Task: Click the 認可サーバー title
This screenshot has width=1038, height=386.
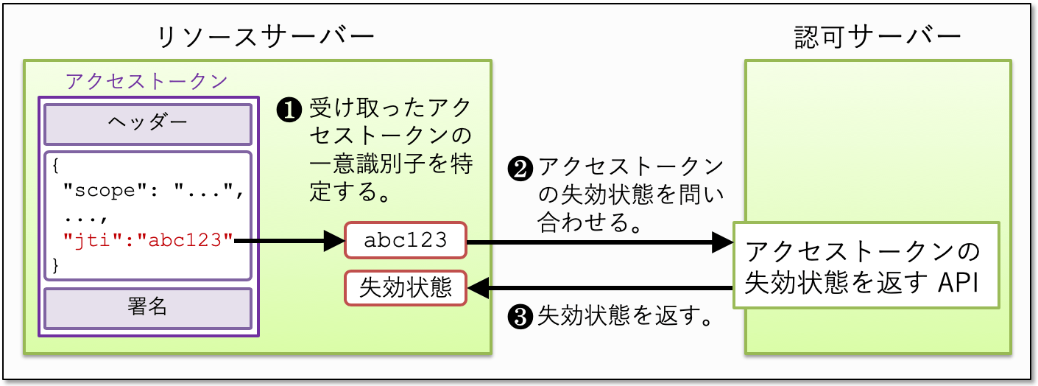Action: click(x=878, y=37)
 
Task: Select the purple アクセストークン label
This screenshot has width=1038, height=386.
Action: click(x=147, y=80)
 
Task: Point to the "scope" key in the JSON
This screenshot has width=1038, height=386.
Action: click(x=105, y=191)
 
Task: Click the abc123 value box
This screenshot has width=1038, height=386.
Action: click(x=405, y=240)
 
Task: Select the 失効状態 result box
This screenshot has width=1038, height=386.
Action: click(x=405, y=288)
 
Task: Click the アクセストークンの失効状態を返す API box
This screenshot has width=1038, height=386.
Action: click(x=866, y=265)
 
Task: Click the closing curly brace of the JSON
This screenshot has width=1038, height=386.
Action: click(x=57, y=264)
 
